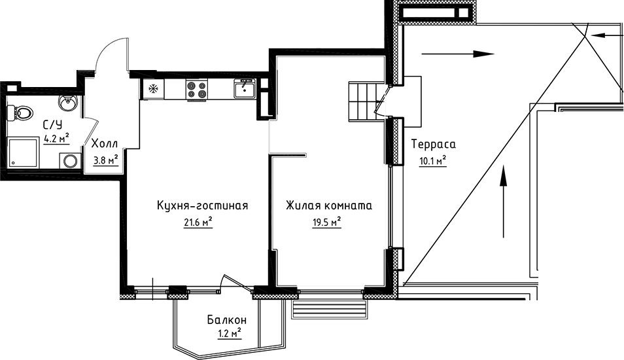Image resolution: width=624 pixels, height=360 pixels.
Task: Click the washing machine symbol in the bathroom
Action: [x=69, y=161]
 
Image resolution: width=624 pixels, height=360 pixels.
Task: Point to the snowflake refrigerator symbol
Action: [x=153, y=89]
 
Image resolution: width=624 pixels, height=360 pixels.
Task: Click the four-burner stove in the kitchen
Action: [x=197, y=89]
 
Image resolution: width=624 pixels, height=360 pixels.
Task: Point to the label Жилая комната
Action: [x=328, y=206]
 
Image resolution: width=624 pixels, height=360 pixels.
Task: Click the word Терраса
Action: [x=432, y=143]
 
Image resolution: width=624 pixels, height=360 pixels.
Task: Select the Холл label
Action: [x=105, y=143]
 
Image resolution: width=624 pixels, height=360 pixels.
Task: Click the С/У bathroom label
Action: [x=52, y=124]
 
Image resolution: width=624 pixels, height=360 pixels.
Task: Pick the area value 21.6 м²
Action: [x=198, y=223]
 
